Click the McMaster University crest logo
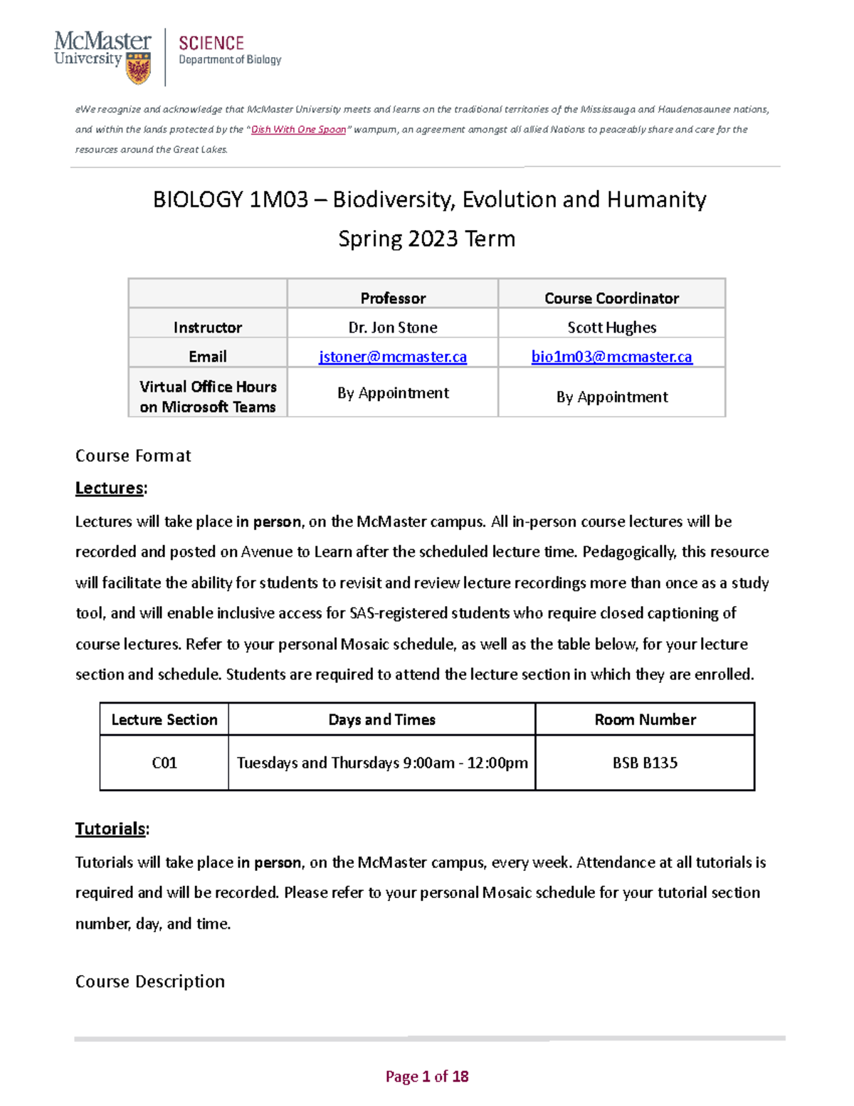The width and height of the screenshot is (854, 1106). (x=138, y=71)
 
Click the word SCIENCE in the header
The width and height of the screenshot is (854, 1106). (x=211, y=43)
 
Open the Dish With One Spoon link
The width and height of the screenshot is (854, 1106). (x=298, y=130)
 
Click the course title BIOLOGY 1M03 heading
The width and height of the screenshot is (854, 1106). (x=429, y=199)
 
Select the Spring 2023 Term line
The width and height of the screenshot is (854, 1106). (x=426, y=239)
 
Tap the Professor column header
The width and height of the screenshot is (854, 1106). (x=393, y=298)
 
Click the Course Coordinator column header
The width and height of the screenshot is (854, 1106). (x=611, y=298)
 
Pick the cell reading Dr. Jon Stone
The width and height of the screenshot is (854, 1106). (x=393, y=328)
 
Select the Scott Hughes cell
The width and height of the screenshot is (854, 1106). (x=611, y=328)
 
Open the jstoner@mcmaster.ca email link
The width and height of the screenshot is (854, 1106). (x=393, y=357)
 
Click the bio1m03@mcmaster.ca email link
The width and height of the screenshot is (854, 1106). (x=611, y=357)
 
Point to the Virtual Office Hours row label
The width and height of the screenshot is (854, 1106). (x=208, y=397)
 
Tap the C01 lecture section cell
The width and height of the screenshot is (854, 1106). (x=164, y=763)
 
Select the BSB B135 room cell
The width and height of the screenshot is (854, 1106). (x=645, y=763)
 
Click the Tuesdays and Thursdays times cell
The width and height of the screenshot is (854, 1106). (x=382, y=763)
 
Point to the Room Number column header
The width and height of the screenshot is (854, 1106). (x=645, y=719)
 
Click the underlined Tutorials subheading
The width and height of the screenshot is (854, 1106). (x=111, y=829)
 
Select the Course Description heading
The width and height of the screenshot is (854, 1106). (x=150, y=981)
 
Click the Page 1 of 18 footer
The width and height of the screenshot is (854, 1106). (x=427, y=1076)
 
